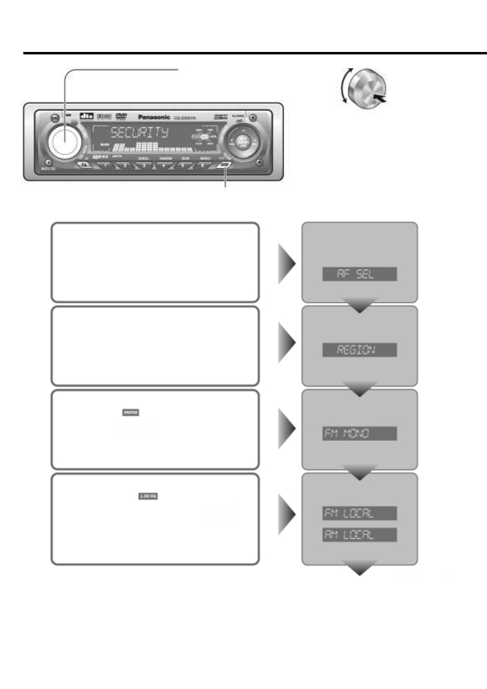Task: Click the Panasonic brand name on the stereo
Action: click(x=154, y=117)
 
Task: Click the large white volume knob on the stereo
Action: click(x=64, y=139)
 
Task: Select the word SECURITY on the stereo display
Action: click(x=140, y=133)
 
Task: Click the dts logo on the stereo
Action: click(x=87, y=116)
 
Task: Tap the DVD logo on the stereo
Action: click(x=122, y=117)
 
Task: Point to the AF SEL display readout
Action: click(x=359, y=274)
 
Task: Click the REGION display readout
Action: click(x=359, y=350)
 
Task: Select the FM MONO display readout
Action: click(x=359, y=434)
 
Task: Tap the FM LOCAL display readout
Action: click(x=359, y=513)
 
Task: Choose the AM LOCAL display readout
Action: click(x=359, y=535)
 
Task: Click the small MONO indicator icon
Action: click(x=131, y=413)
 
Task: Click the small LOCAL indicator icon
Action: click(x=148, y=496)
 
